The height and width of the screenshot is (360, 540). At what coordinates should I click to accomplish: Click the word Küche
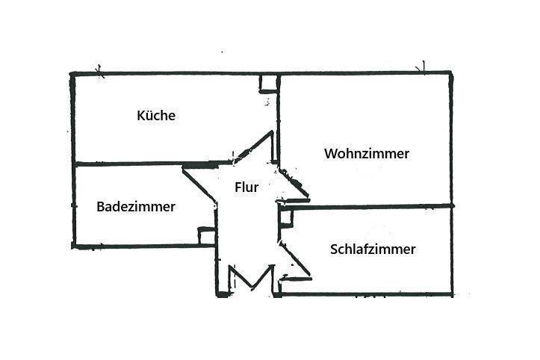tap(156, 116)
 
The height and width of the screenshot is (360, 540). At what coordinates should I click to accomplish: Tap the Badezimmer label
tap(136, 207)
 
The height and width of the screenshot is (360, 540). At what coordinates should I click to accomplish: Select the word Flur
tap(246, 187)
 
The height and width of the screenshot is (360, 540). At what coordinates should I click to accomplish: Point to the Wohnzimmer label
tap(367, 154)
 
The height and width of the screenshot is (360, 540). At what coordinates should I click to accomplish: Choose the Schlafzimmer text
tap(373, 249)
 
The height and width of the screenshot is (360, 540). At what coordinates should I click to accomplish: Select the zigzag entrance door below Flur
tap(250, 279)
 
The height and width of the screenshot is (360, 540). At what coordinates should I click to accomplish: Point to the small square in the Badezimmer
tap(206, 235)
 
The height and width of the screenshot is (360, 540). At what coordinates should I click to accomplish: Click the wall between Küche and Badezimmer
tap(127, 164)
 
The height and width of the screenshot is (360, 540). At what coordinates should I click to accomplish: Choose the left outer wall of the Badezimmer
tap(73, 205)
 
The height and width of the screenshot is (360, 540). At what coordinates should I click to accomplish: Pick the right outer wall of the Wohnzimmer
tap(452, 138)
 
